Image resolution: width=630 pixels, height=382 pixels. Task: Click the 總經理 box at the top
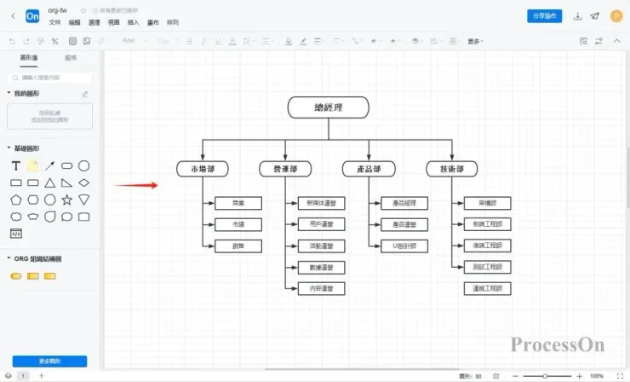(x=328, y=107)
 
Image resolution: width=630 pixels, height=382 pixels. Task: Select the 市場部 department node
(x=203, y=169)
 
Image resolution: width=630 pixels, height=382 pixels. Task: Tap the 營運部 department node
(x=285, y=169)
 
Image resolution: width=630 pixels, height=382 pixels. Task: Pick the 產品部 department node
(x=369, y=169)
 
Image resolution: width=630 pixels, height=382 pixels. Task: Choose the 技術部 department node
(x=451, y=169)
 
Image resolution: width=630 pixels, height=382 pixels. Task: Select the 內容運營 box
(x=322, y=289)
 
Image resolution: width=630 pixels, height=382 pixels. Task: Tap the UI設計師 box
(x=404, y=246)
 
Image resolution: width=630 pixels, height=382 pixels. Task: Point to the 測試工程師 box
(x=488, y=267)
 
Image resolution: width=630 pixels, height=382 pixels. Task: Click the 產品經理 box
(x=404, y=203)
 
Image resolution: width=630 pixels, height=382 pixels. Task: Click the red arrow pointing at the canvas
(x=136, y=185)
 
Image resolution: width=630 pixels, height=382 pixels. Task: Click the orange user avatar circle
(x=616, y=15)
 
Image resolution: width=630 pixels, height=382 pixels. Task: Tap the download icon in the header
(x=578, y=15)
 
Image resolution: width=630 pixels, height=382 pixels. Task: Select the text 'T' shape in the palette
(x=15, y=165)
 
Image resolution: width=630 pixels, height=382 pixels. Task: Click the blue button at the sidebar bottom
(x=49, y=361)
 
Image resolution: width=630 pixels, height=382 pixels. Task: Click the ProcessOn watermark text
(x=558, y=344)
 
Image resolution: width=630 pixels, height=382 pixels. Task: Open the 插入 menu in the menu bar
(x=133, y=22)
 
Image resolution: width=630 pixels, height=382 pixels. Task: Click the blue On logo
(x=32, y=15)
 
